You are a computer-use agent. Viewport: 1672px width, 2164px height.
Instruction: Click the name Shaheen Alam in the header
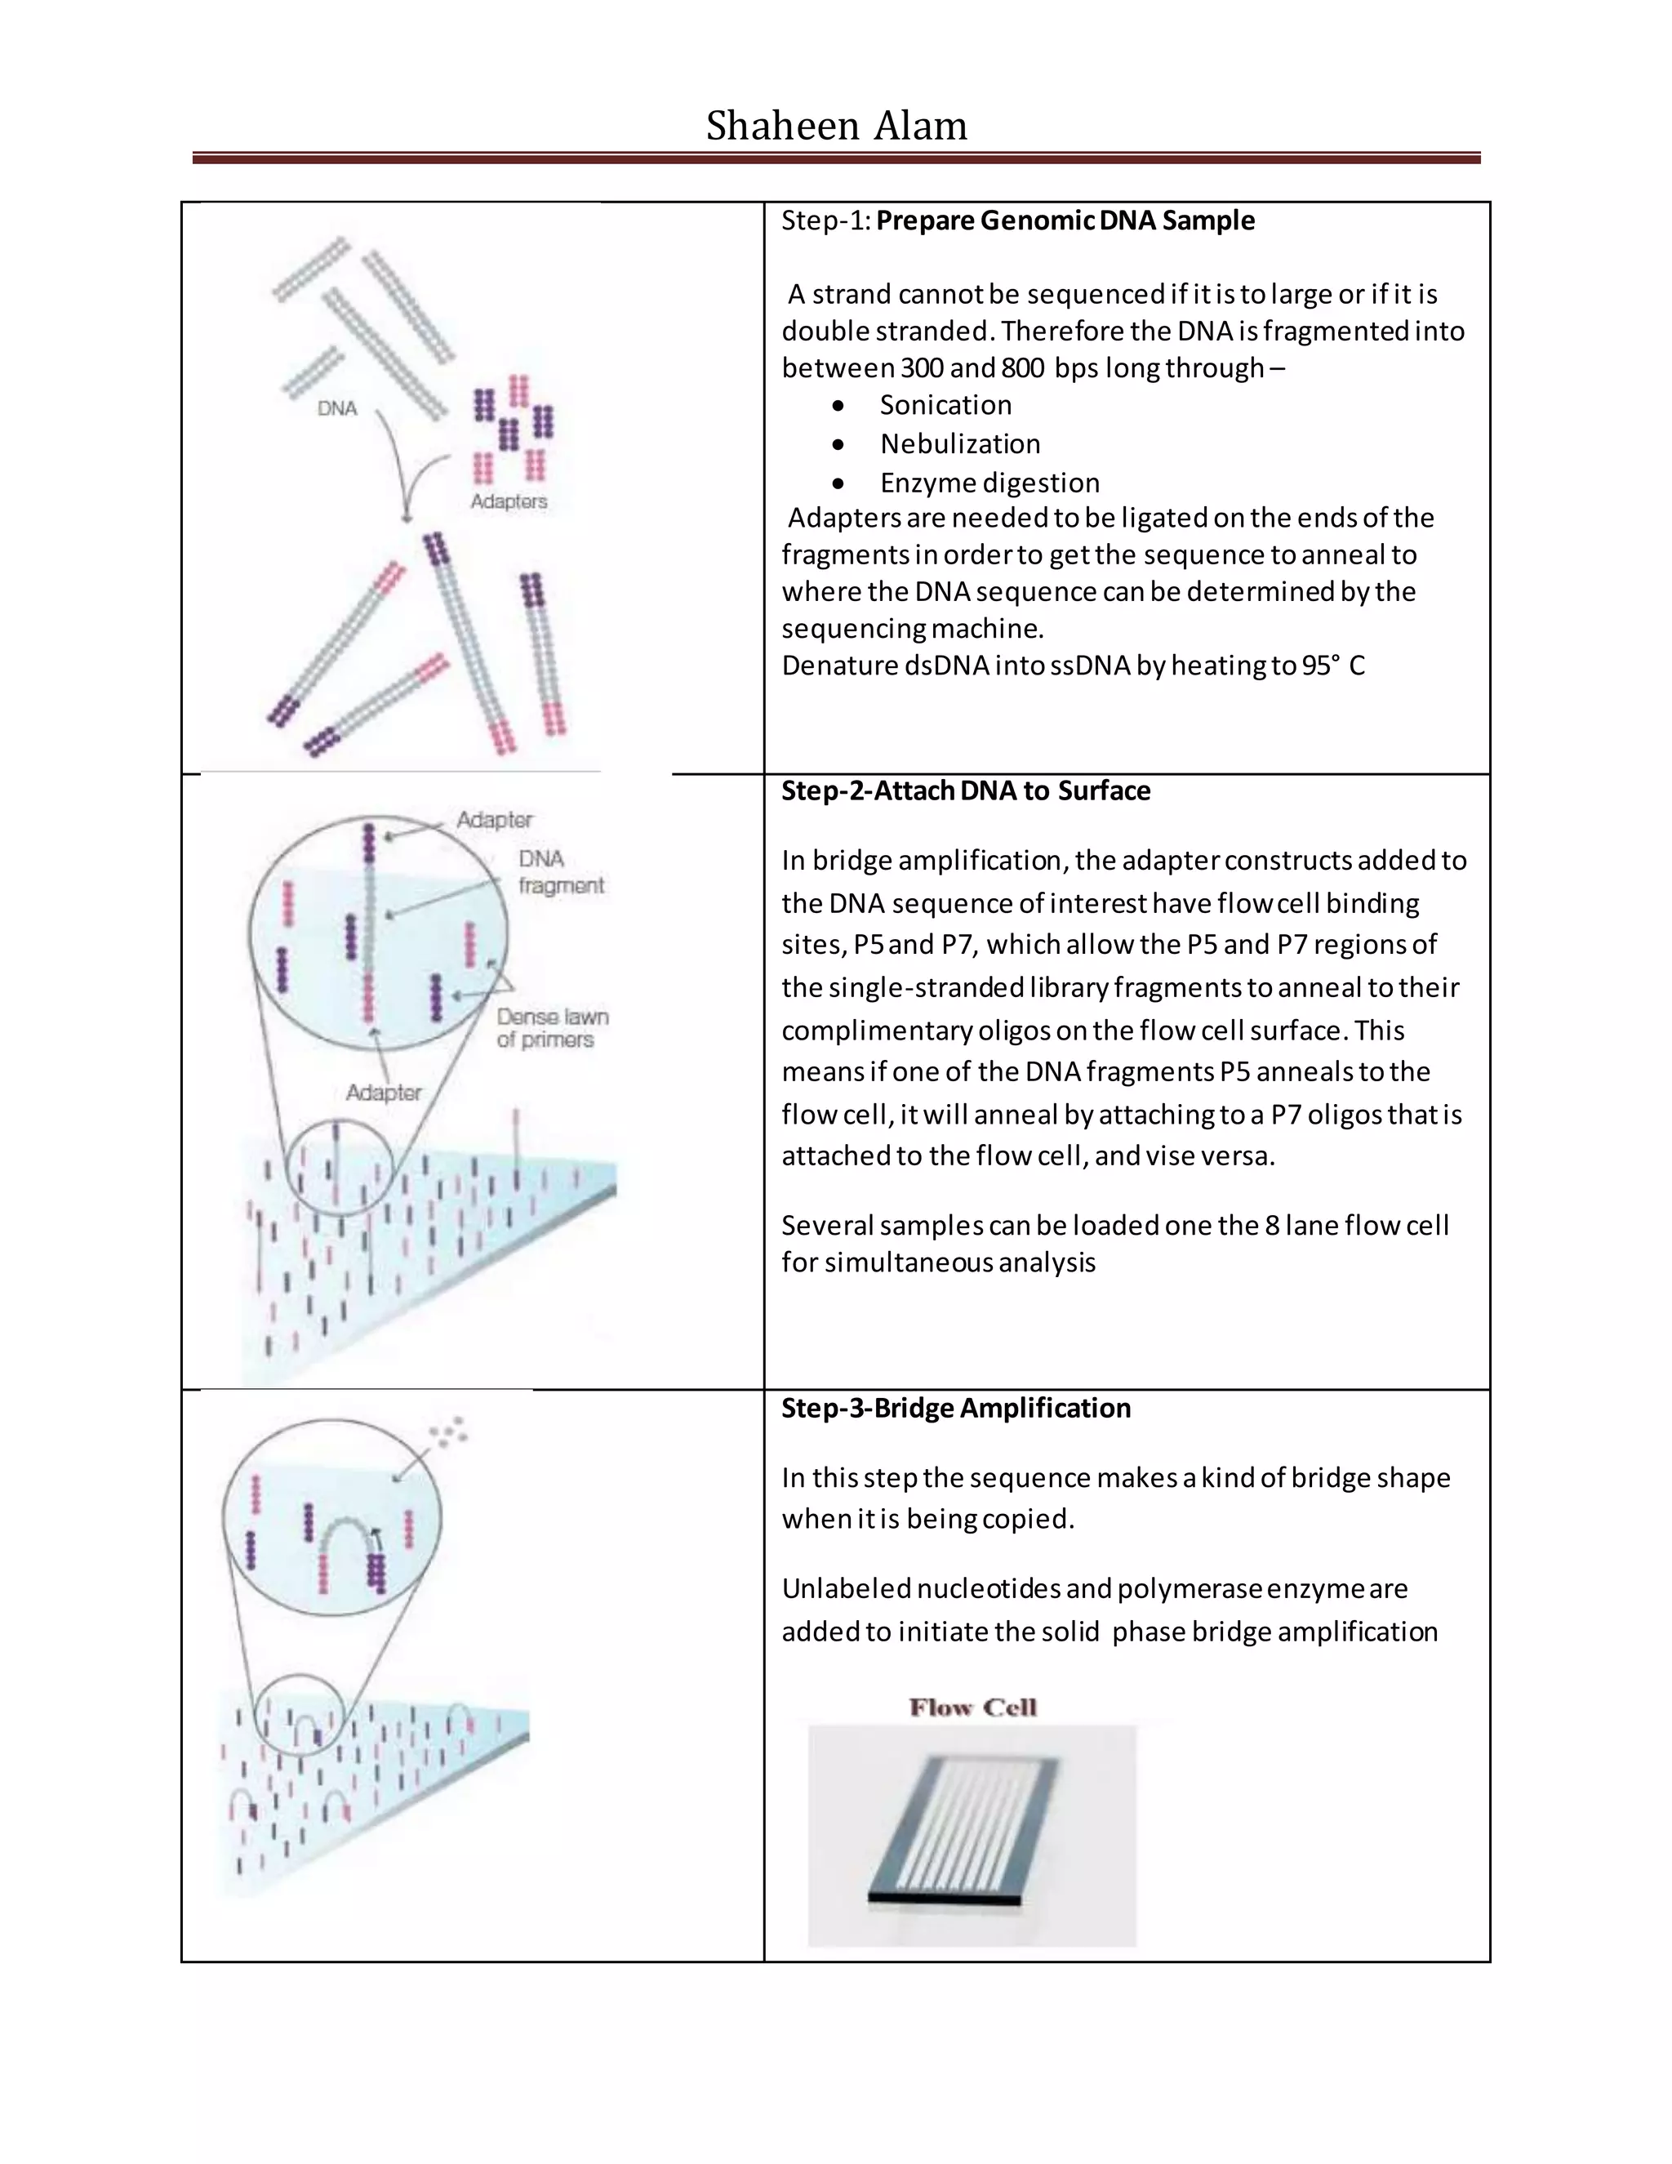point(836,126)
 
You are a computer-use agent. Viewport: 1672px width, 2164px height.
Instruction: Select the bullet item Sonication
point(945,405)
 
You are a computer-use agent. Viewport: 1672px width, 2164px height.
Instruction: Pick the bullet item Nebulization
point(960,444)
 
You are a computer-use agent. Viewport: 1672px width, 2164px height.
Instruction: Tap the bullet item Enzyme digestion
point(989,483)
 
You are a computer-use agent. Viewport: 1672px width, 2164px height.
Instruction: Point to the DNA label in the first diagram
point(337,408)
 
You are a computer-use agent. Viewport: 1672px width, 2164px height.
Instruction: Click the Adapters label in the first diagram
point(508,501)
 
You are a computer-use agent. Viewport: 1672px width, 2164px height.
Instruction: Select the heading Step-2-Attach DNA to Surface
point(965,790)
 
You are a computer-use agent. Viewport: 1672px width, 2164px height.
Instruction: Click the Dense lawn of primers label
point(552,1028)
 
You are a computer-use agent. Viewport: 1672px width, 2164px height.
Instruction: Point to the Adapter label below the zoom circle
point(384,1092)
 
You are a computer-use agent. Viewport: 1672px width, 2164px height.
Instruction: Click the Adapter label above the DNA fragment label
point(494,819)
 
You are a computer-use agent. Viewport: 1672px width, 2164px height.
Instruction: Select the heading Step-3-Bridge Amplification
point(955,1408)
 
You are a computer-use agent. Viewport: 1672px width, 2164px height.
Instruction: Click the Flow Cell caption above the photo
point(972,1708)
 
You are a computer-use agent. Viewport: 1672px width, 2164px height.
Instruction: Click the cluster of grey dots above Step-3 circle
point(447,1432)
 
